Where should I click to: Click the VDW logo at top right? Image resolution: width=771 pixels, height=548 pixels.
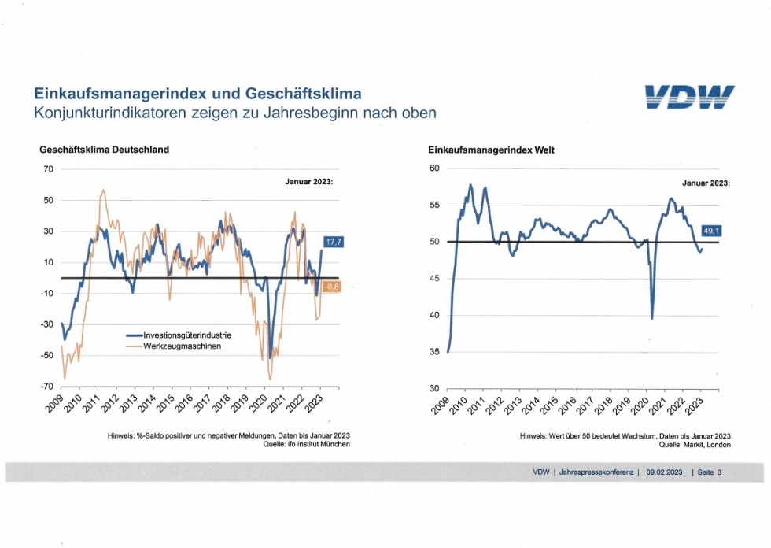pos(689,98)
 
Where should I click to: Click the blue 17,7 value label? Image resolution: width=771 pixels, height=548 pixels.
pos(334,243)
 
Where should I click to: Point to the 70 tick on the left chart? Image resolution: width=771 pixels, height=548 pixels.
pos(47,169)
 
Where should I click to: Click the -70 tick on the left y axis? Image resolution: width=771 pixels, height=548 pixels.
pos(46,387)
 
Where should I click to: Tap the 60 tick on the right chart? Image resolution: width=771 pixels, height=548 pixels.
pos(433,168)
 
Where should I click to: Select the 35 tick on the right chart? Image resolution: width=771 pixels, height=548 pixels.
pos(433,352)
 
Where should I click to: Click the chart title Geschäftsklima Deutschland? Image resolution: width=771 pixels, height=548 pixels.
pos(104,150)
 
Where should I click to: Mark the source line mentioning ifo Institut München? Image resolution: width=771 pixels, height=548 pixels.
pos(303,444)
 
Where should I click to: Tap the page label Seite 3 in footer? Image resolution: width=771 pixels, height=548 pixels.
pos(707,472)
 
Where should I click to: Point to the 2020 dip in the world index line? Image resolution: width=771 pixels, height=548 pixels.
pos(652,317)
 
